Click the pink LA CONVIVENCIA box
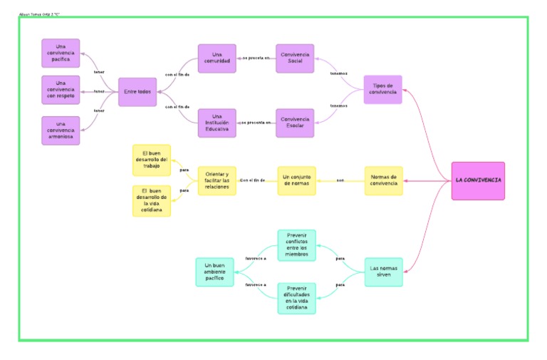[478, 180]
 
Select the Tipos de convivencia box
[382, 90]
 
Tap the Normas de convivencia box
[383, 180]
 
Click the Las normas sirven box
[383, 272]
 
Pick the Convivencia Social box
[296, 58]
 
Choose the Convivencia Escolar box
[296, 123]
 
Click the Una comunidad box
[217, 58]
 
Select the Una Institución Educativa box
[217, 123]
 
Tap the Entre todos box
[137, 91]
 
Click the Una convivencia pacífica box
[61, 53]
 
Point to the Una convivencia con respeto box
[61, 91]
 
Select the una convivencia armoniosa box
[61, 130]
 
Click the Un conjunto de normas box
[296, 180]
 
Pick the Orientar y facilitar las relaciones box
[217, 180]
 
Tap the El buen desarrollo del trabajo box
[152, 160]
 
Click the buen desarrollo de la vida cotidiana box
[152, 200]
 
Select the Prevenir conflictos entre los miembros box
[296, 245]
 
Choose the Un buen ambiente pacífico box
[214, 272]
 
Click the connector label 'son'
[340, 180]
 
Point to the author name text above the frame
[38, 14]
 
